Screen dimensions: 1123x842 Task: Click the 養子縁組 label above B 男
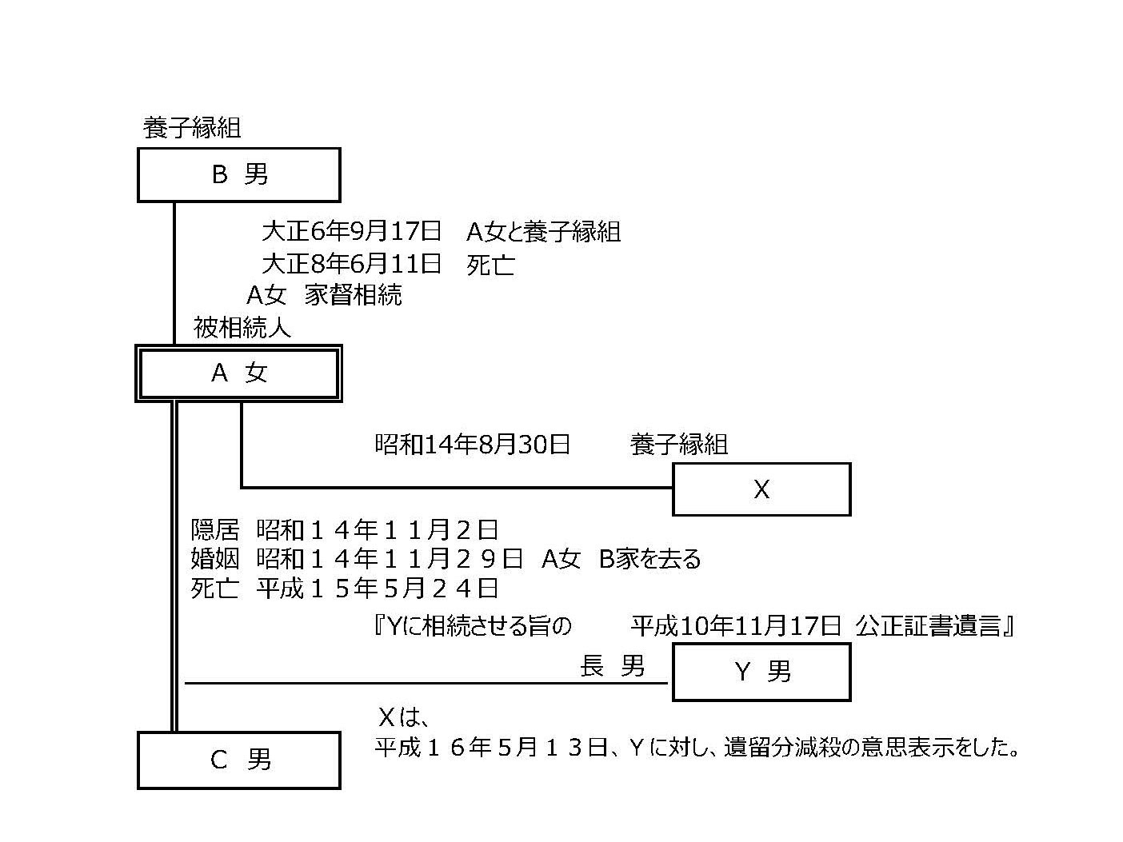(191, 128)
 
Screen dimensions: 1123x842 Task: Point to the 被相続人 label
(242, 327)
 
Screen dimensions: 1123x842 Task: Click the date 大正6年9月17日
(351, 231)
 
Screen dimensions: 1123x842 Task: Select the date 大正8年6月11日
(351, 264)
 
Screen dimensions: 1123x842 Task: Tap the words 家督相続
(353, 295)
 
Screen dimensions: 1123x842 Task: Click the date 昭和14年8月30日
(472, 445)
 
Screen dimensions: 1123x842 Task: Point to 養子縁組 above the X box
(678, 445)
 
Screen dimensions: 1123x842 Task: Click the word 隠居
(215, 530)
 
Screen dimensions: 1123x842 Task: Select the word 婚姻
(215, 559)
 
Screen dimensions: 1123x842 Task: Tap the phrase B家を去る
(649, 559)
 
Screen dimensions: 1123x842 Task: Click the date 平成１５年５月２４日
(378, 589)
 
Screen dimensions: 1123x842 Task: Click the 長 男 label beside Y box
(612, 666)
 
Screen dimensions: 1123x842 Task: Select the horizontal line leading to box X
(457, 487)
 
